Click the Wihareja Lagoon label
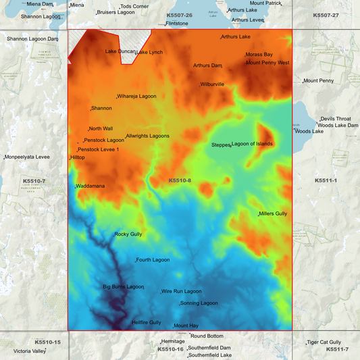(x=137, y=97)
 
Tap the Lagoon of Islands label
(x=253, y=144)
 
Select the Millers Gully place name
(x=273, y=213)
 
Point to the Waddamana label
(x=90, y=186)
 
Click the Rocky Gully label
(x=128, y=234)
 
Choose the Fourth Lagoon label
(x=153, y=259)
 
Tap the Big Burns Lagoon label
(x=124, y=287)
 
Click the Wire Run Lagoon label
(x=182, y=291)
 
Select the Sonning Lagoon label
(x=199, y=303)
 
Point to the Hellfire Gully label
(x=147, y=322)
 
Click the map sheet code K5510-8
(x=180, y=180)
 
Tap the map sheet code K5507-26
(x=179, y=15)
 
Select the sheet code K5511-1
(x=326, y=180)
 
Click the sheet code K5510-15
(x=47, y=342)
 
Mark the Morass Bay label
(x=259, y=54)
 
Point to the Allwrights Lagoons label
(x=147, y=136)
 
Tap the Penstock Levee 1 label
(x=99, y=149)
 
